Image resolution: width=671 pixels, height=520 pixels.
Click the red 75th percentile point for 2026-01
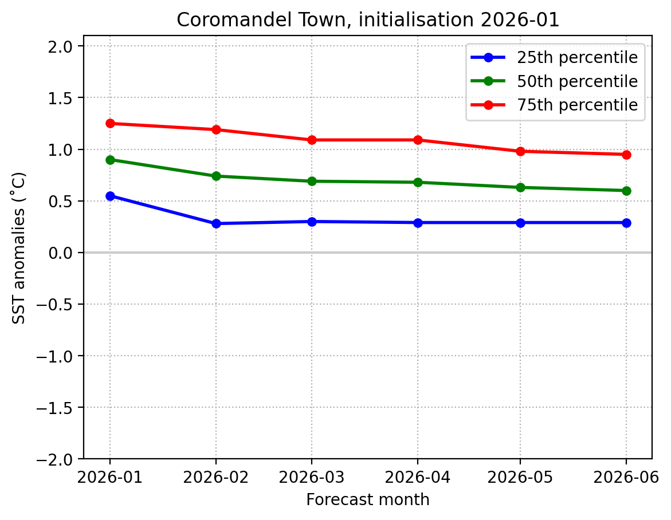coord(110,123)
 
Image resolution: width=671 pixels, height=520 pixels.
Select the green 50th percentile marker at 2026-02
coord(216,176)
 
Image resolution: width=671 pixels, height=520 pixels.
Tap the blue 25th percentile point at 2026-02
coord(216,223)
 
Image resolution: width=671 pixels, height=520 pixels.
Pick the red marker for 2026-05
coord(520,151)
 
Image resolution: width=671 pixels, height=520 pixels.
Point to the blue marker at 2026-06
coord(626,223)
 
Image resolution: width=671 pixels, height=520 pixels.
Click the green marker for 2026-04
coord(417,182)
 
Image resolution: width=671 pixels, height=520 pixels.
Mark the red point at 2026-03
coord(312,140)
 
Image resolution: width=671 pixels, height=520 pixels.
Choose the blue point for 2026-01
coord(110,196)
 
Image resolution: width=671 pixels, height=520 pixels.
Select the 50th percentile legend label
coord(577,81)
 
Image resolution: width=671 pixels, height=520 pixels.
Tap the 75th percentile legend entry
coord(577,105)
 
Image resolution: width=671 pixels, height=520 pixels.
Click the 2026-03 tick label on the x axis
coord(312,476)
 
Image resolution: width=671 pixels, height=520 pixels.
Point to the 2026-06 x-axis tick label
coord(626,476)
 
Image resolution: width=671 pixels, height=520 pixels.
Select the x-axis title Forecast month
coord(367,500)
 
